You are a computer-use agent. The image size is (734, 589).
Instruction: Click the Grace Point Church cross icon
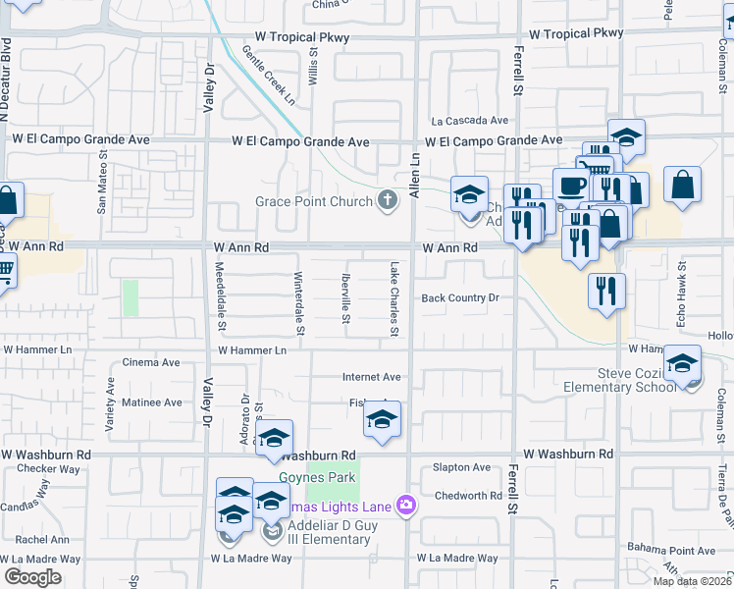pyautogui.click(x=389, y=201)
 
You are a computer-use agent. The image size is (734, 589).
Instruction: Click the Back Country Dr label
pyautogui.click(x=460, y=297)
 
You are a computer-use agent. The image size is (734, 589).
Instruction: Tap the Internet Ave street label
pyautogui.click(x=371, y=377)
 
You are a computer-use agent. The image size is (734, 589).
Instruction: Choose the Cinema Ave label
pyautogui.click(x=151, y=362)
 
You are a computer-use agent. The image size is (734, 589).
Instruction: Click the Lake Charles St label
pyautogui.click(x=393, y=298)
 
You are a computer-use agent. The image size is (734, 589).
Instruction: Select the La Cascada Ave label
pyautogui.click(x=471, y=121)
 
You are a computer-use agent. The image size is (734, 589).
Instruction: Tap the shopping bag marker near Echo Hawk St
pyautogui.click(x=682, y=185)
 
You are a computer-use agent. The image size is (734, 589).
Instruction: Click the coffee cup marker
pyautogui.click(x=571, y=185)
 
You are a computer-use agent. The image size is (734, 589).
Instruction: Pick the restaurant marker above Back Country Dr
pyautogui.click(x=606, y=290)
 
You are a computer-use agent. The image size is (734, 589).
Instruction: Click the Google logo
pyautogui.click(x=32, y=577)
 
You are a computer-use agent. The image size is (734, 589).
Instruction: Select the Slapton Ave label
pyautogui.click(x=461, y=467)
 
